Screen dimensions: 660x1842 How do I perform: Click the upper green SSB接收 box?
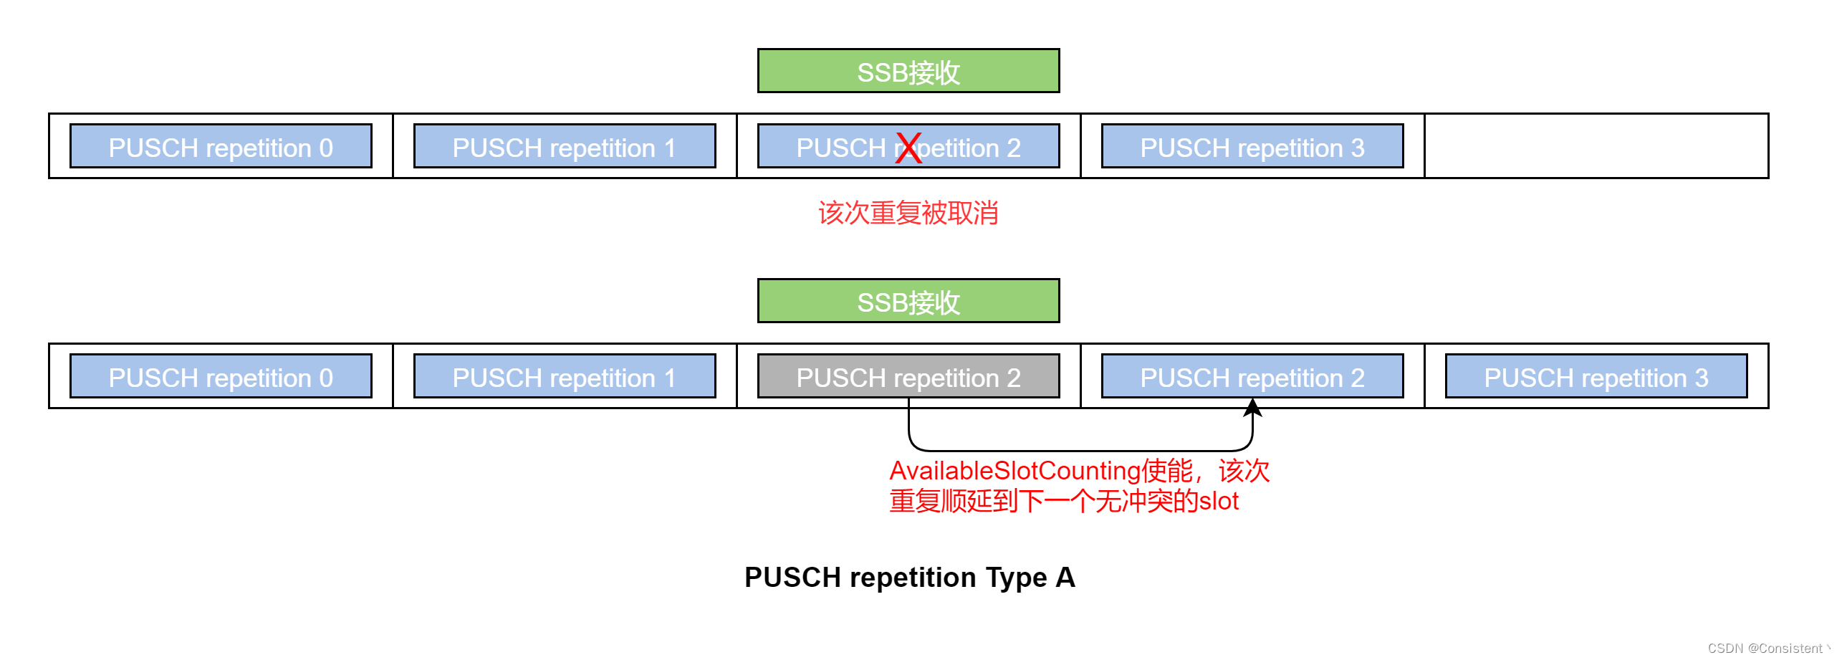[908, 71]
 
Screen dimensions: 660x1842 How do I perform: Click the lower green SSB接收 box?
[908, 301]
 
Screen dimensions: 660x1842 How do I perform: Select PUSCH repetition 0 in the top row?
[221, 146]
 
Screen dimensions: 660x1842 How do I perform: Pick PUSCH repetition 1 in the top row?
[565, 146]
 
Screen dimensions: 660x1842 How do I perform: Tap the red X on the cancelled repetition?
[908, 148]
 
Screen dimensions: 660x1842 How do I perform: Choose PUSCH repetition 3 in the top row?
[1252, 146]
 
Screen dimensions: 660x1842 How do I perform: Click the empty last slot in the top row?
[1596, 146]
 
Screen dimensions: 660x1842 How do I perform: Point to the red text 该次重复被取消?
[908, 213]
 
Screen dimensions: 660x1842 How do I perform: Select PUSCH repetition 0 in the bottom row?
[221, 376]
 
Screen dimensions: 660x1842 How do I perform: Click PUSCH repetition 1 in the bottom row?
[565, 376]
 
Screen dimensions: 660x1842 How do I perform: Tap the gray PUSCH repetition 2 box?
[908, 376]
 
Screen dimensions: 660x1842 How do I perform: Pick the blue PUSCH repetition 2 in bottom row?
[1252, 376]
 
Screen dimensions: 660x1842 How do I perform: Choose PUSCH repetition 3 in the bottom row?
[1596, 376]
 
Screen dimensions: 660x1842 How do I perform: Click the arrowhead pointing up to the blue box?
[1252, 408]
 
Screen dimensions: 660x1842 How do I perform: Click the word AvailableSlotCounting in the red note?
[1014, 471]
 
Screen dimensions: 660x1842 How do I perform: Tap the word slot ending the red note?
[1219, 501]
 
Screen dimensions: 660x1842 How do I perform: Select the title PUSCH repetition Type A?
[909, 577]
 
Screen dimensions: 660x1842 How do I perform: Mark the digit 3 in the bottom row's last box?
[1701, 378]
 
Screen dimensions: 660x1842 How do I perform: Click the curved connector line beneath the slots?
[1080, 450]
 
